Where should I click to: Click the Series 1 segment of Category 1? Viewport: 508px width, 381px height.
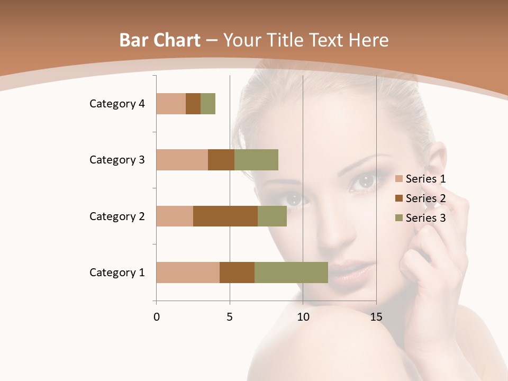[x=188, y=273]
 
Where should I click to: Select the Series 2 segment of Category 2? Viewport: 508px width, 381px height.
[x=225, y=216]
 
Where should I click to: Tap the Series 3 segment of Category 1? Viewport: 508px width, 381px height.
[x=291, y=273]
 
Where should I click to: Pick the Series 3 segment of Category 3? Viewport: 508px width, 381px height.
[x=256, y=160]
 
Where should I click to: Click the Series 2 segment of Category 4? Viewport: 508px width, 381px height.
[x=193, y=104]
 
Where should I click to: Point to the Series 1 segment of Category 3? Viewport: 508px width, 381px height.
[x=182, y=160]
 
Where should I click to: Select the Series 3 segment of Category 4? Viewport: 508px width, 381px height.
[x=208, y=104]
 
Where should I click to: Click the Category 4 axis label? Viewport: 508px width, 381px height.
[x=117, y=104]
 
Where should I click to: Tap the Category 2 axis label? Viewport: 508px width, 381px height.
[x=117, y=216]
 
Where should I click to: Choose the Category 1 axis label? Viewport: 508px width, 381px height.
[x=117, y=273]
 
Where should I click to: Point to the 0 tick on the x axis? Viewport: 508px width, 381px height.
[x=157, y=317]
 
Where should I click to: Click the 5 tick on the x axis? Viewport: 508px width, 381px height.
[x=230, y=317]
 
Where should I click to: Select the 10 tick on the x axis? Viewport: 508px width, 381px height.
[x=303, y=317]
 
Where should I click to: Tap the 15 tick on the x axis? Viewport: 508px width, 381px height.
[x=376, y=317]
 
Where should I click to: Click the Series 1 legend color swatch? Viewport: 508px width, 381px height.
[x=398, y=179]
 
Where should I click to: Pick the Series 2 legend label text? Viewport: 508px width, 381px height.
[x=425, y=198]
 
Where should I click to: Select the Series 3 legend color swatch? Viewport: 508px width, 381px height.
[x=398, y=218]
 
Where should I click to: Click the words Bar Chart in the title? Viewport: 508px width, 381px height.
[x=160, y=40]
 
